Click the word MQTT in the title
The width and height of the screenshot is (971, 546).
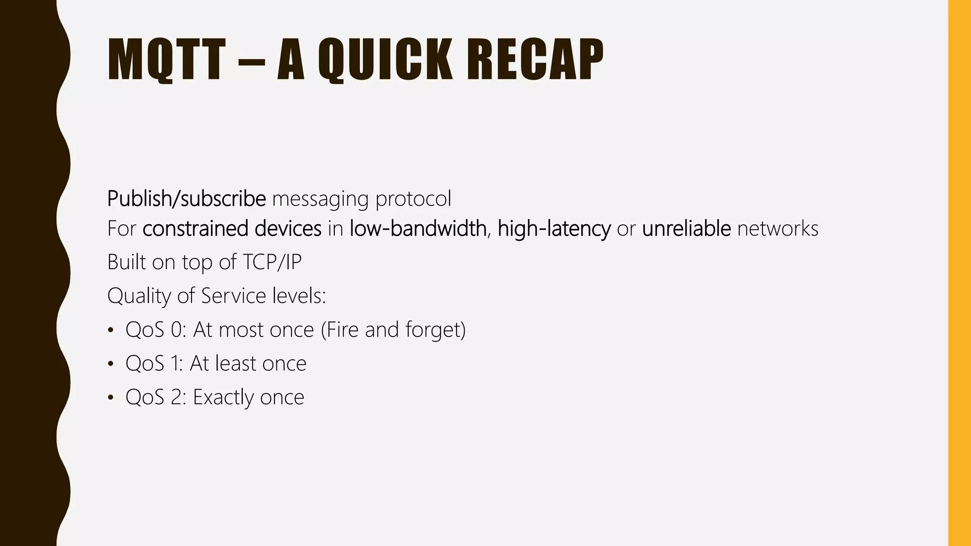166,60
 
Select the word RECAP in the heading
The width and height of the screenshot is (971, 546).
535,60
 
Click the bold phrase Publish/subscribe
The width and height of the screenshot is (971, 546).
186,199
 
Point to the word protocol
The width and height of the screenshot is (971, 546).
413,199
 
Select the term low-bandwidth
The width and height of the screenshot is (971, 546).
418,228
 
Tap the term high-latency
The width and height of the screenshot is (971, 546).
554,228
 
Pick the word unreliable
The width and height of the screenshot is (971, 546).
686,228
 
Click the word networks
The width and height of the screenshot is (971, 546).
778,228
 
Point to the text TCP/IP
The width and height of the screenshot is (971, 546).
272,262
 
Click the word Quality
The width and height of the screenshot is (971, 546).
139,296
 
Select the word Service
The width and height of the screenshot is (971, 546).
233,296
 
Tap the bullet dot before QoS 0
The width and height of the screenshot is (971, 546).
110,330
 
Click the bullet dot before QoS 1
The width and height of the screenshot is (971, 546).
110,364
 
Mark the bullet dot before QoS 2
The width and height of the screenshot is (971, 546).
110,398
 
